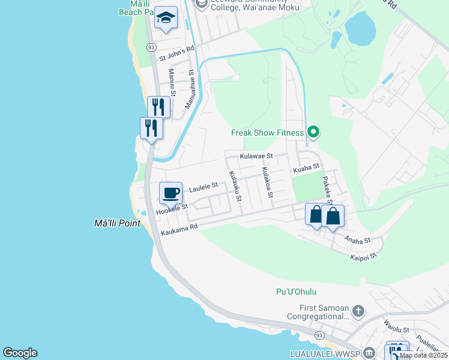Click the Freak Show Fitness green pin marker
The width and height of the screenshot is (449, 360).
point(313,132)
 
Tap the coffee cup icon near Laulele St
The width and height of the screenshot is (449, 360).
point(171,193)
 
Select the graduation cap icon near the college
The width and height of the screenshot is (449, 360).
point(166,18)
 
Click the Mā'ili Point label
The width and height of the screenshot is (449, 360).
point(117,224)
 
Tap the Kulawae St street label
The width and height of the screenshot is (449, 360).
point(256,156)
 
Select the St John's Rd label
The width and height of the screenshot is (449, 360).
point(176,54)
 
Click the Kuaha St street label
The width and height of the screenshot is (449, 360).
point(306,169)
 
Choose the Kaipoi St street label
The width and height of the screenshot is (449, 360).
point(363,257)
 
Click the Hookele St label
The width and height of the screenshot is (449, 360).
point(172,209)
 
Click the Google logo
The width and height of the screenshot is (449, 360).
point(20,353)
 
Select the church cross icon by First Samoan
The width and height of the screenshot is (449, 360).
point(358,311)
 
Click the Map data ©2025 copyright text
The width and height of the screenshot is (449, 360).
point(423,355)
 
